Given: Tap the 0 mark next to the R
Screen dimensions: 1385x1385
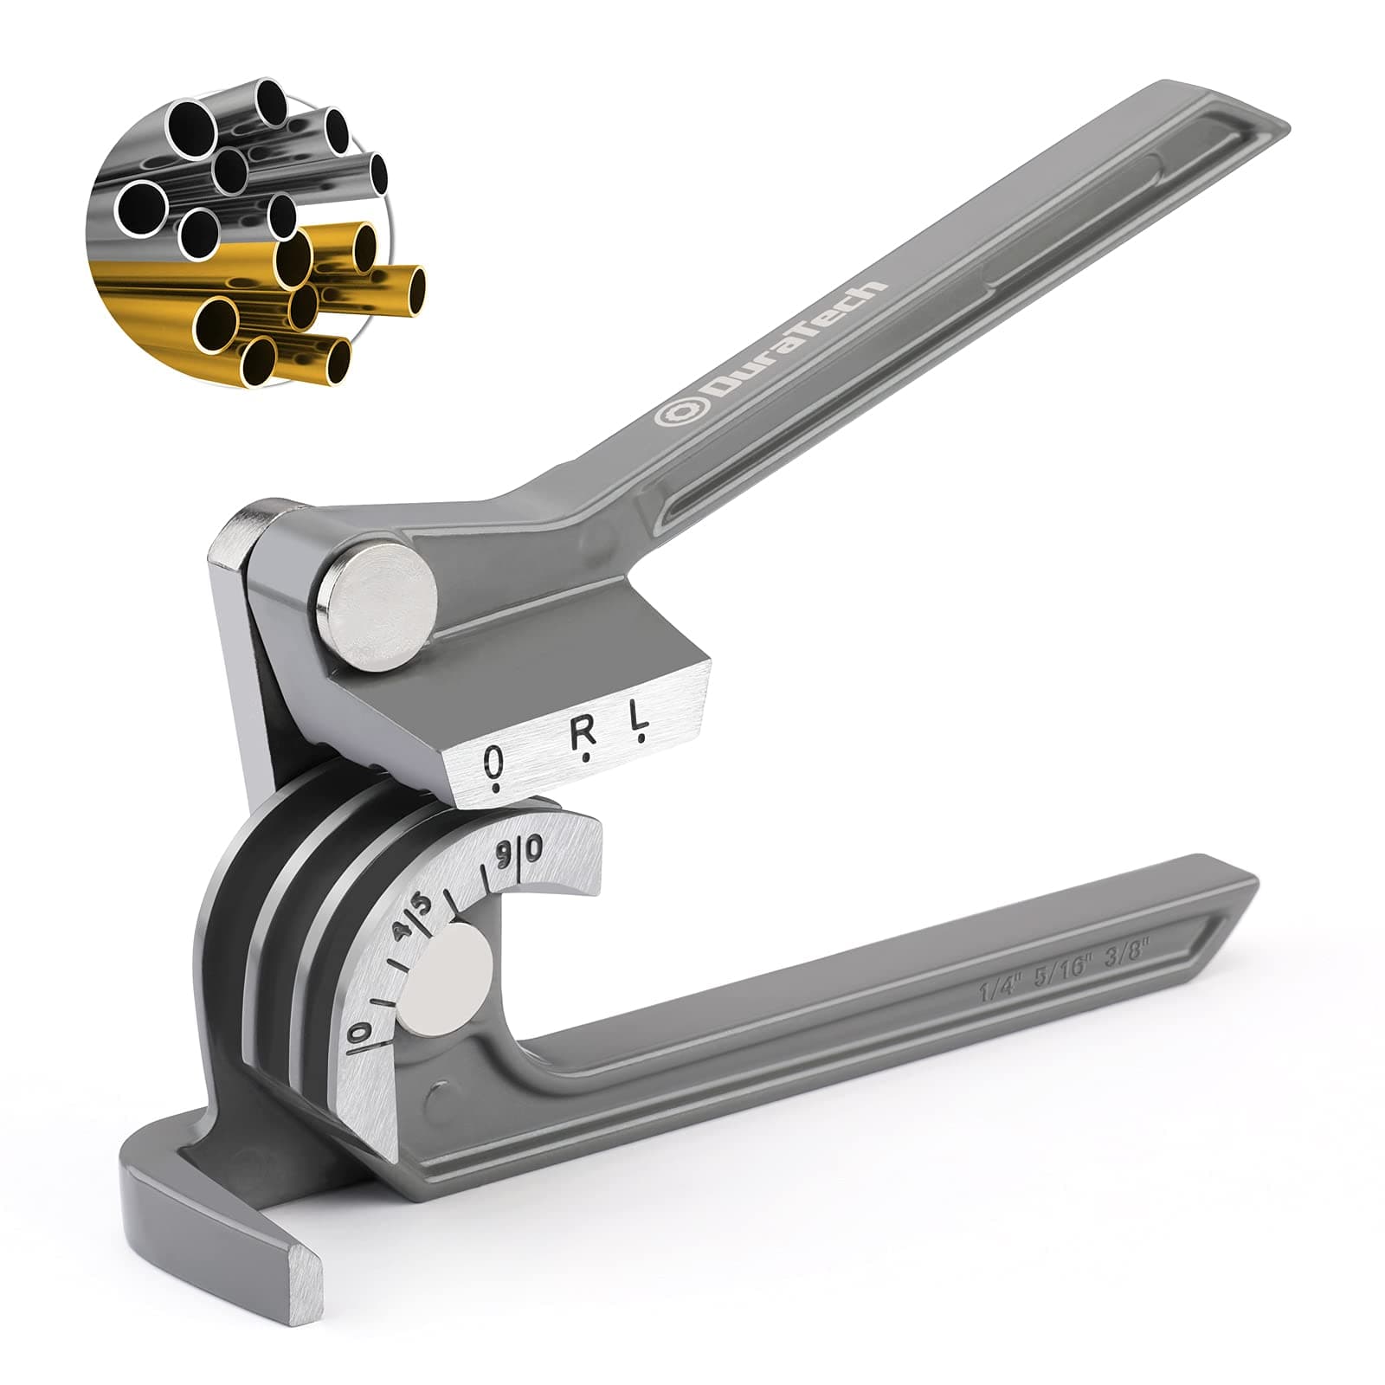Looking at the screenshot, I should (494, 763).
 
